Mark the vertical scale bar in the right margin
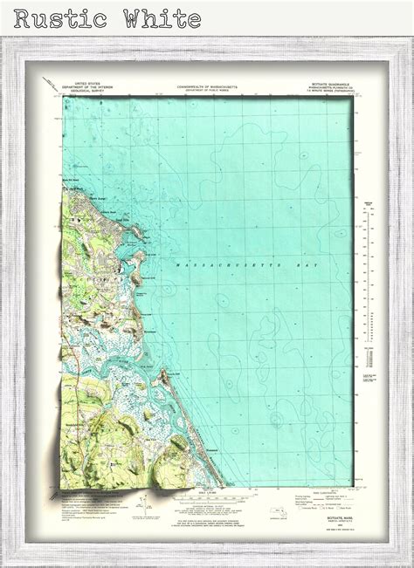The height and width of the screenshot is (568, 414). (x=369, y=297)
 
